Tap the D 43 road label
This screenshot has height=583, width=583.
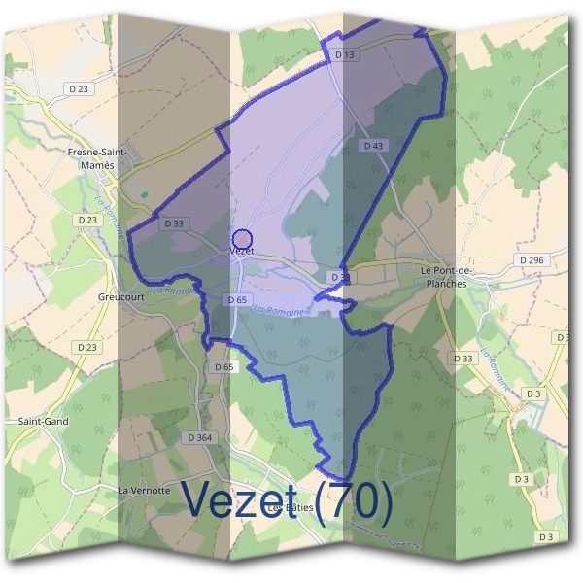point(373,146)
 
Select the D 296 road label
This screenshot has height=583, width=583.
point(532,260)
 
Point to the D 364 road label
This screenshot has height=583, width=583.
point(198,438)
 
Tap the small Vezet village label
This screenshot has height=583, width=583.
point(241,252)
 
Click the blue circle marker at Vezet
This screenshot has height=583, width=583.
point(243,238)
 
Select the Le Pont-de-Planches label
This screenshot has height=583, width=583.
point(444,277)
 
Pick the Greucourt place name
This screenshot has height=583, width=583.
point(121,297)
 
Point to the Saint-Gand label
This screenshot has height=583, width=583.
point(42,422)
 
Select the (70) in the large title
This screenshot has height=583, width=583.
point(360,499)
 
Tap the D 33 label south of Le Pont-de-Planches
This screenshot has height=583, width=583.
point(463,359)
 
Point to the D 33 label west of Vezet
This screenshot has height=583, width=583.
point(175,223)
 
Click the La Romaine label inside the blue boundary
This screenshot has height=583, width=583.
point(280,309)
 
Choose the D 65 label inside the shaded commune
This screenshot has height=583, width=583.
point(237,300)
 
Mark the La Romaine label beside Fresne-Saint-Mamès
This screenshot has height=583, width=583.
point(110,214)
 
